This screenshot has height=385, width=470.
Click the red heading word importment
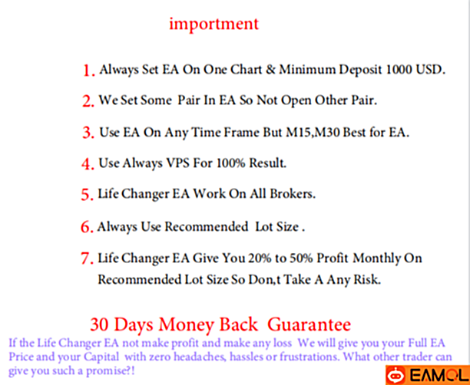tap(213, 25)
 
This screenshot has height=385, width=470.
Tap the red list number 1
tap(89, 71)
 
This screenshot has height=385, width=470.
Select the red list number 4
tap(88, 164)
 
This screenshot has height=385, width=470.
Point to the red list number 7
tap(88, 258)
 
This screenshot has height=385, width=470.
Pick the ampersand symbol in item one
tap(270, 70)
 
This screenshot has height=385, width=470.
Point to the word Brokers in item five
tap(293, 194)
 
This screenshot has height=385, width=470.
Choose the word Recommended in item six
tap(207, 227)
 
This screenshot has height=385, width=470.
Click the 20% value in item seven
tap(260, 258)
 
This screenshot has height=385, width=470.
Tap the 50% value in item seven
tap(301, 258)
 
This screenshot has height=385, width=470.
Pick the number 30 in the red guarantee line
tap(100, 324)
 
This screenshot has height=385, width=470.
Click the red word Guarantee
tap(309, 324)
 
